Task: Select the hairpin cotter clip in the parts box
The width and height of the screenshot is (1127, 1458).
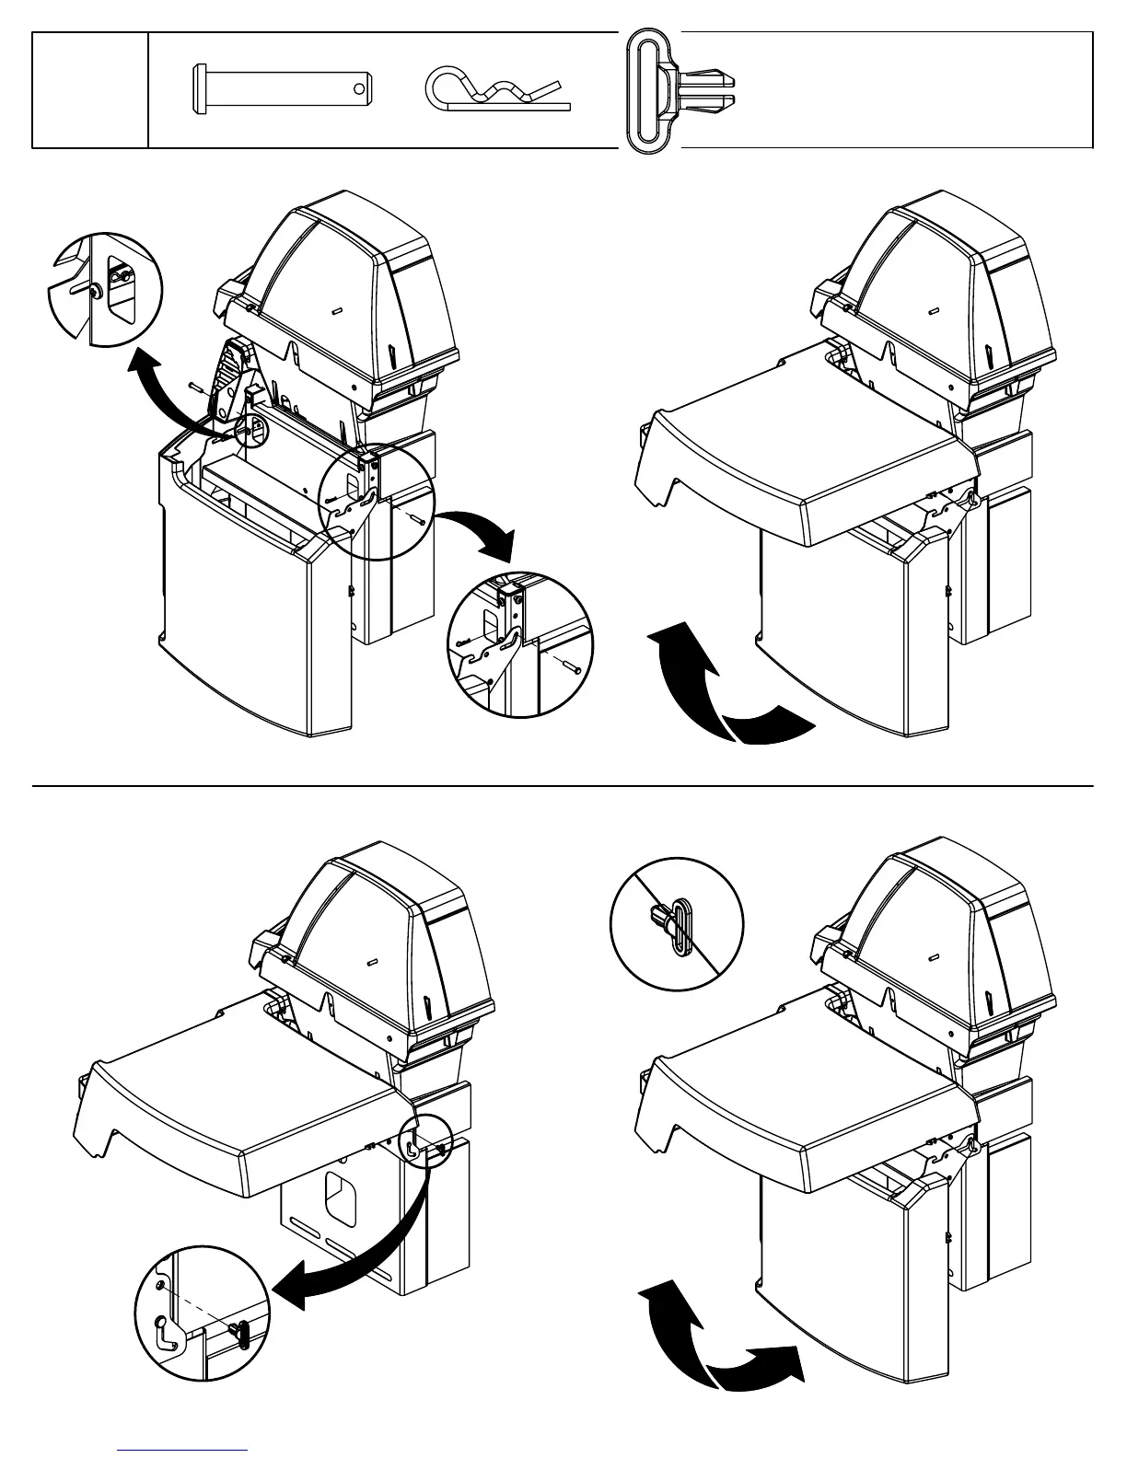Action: pos(498,93)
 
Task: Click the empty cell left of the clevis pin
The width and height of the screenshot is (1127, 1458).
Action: pos(90,90)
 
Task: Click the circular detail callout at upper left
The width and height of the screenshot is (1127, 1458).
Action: pos(104,289)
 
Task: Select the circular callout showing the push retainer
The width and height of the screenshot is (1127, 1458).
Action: pos(678,923)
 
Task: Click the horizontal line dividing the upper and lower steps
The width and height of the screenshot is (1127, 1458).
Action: pos(563,787)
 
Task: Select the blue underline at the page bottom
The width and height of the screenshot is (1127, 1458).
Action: pos(183,1451)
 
